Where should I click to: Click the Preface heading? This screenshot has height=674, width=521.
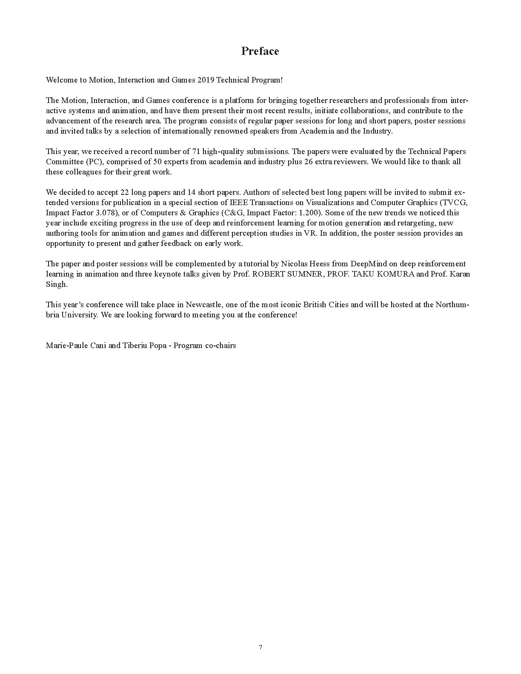click(260, 51)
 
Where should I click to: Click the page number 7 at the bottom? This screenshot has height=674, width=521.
click(260, 647)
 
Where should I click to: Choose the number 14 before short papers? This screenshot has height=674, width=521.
click(191, 192)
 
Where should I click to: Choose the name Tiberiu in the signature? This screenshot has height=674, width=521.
click(135, 346)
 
